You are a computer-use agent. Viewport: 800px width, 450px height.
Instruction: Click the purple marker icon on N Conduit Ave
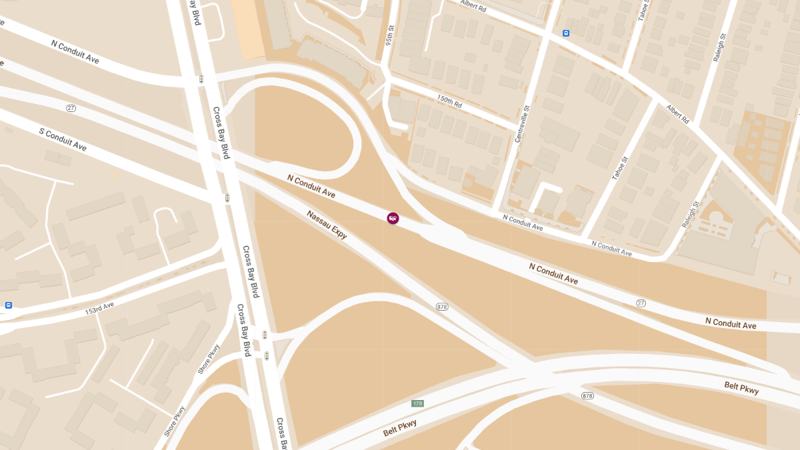pos(393,218)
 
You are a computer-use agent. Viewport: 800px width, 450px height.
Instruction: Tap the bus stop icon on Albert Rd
pos(566,33)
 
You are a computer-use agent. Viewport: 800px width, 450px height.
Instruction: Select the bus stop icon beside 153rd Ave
pos(9,305)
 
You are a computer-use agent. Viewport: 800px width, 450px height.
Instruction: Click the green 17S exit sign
pos(418,403)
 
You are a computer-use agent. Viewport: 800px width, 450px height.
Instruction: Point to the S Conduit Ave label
pos(63,139)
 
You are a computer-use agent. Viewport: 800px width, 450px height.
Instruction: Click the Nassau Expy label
pos(327,225)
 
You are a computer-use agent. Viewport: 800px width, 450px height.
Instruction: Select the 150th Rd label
pos(449,102)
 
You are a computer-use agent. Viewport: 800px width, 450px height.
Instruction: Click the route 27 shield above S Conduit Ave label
pos(71,108)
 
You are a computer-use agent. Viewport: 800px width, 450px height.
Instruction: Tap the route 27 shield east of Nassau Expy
pos(641,303)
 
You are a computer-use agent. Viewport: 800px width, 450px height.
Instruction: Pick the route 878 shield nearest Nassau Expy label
pos(441,307)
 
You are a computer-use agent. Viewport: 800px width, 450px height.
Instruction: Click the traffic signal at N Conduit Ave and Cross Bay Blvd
pos(201,79)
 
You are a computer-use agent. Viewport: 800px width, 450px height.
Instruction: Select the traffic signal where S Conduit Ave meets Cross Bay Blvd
pos(227,198)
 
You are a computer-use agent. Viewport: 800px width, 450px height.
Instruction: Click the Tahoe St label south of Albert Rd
pos(620,168)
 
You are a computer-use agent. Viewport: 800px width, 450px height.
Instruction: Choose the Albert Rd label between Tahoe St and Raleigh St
pos(677,113)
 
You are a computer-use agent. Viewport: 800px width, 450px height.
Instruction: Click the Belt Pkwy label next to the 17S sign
pos(400,427)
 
